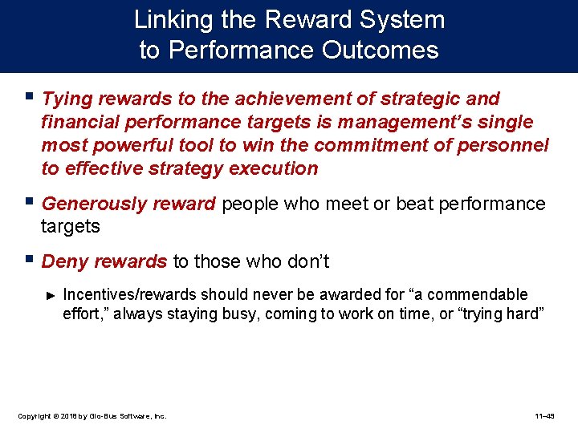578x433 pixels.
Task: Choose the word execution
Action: coord(274,168)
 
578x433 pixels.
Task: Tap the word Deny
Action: coord(63,261)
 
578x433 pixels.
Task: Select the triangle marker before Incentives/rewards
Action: coord(51,296)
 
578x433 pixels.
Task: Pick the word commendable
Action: coord(478,294)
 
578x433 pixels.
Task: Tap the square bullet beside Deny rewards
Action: coord(30,261)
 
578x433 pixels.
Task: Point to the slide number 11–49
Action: coord(545,416)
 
